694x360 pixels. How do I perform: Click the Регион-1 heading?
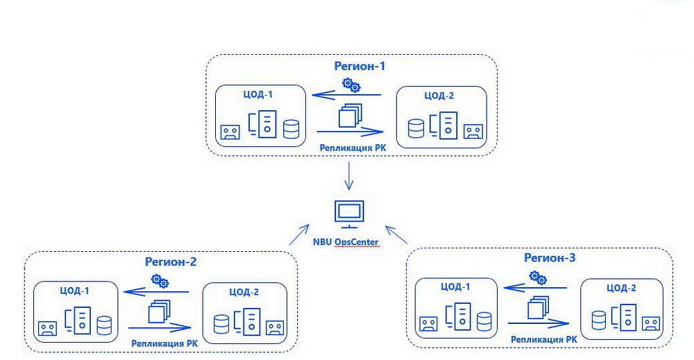359,67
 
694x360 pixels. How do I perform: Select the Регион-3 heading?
550,258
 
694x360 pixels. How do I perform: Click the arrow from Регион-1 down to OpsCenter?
349,178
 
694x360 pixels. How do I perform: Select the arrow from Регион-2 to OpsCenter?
298,234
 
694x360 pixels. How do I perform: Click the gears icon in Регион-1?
352,85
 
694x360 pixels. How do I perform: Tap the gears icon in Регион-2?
160,281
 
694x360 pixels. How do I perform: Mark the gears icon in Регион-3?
537,277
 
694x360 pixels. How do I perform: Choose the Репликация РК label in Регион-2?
160,342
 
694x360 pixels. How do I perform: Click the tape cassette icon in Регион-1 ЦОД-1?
230,132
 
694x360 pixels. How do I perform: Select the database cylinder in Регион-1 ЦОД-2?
416,130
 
